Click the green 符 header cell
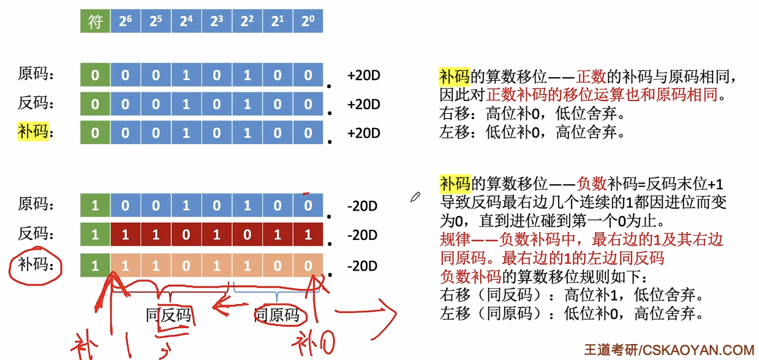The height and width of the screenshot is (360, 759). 95,22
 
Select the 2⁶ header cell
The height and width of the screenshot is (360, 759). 125,22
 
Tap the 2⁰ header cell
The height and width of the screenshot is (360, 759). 308,22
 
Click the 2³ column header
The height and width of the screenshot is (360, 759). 216,22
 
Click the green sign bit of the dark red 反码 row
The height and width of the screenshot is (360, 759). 95,235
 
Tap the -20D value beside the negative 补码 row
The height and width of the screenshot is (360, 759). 362,266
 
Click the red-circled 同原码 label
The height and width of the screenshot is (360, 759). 278,315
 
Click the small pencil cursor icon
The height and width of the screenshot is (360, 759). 416,197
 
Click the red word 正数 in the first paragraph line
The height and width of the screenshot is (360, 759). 591,77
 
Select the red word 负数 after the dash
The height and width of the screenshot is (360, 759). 592,183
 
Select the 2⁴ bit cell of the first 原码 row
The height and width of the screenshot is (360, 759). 186,75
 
